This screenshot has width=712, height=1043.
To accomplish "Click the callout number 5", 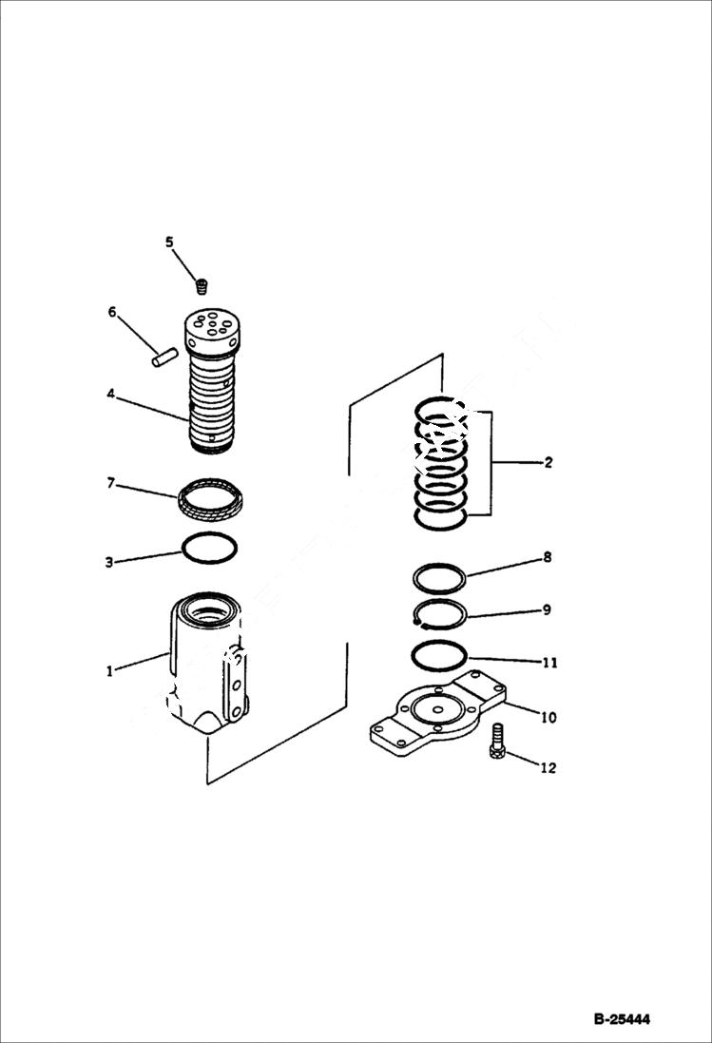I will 170,242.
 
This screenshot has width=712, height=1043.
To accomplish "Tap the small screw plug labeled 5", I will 202,283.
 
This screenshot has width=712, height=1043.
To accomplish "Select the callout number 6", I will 112,312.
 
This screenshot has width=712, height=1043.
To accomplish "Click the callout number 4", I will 111,393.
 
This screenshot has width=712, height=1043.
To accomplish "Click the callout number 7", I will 111,484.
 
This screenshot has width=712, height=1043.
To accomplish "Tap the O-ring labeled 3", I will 209,548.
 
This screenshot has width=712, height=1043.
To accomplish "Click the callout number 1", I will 110,670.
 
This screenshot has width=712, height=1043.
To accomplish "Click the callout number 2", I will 548,463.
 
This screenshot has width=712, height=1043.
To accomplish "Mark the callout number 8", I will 548,558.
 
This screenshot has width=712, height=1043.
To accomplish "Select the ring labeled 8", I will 438,577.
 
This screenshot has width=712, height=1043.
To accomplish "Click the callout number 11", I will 548,663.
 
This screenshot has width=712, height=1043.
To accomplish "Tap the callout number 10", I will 548,717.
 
